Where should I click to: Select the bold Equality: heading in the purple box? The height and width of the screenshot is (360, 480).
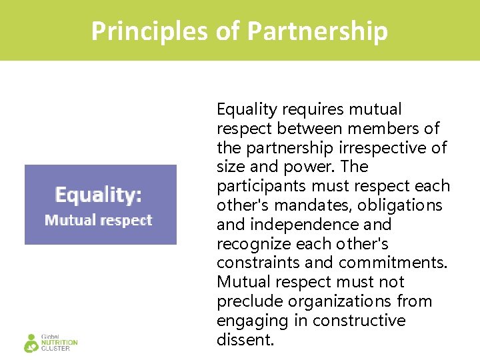[98, 195]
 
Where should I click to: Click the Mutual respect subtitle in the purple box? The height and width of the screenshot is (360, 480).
[98, 220]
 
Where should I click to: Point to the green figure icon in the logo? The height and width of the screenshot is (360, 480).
[31, 343]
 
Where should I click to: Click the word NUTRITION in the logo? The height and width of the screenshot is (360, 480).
[59, 343]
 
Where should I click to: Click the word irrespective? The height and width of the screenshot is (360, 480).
[371, 147]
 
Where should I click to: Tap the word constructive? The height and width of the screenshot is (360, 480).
[359, 321]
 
